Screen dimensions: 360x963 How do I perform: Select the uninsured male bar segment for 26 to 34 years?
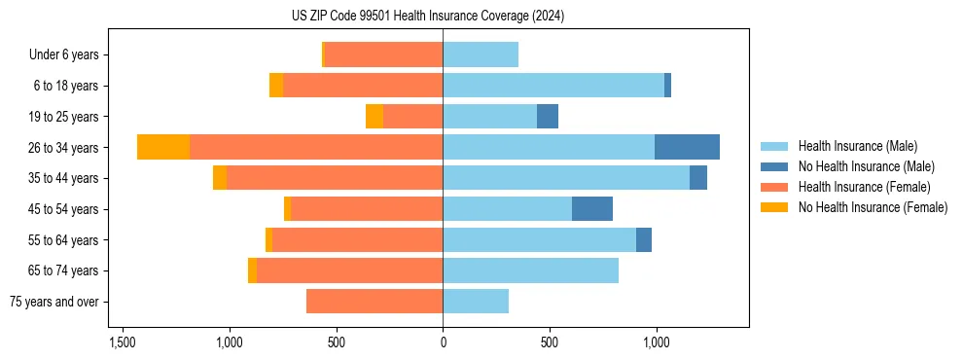(x=687, y=147)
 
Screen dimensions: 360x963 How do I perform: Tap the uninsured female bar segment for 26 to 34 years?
(x=163, y=147)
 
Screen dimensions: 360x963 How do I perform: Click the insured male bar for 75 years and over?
(x=476, y=302)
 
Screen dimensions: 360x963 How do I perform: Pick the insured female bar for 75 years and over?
(x=374, y=302)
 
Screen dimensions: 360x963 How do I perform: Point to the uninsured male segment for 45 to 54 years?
(x=592, y=209)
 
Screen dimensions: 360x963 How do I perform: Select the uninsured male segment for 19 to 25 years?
(x=548, y=117)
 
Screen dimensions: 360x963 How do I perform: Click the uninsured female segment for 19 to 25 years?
(x=374, y=117)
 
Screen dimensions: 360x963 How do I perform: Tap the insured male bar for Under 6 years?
(x=481, y=55)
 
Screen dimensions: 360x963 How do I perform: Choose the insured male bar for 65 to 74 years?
(x=530, y=270)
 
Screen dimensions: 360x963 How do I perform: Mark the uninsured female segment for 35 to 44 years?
(x=220, y=178)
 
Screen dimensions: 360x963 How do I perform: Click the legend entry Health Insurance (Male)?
(x=857, y=146)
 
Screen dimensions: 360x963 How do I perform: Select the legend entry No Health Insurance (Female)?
(x=873, y=207)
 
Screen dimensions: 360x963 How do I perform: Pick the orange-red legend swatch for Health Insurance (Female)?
(x=775, y=187)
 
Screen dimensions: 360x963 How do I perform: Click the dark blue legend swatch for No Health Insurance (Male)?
(x=775, y=166)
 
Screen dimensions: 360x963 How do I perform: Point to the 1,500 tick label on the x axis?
(x=123, y=342)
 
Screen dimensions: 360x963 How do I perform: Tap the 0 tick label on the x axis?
(x=443, y=342)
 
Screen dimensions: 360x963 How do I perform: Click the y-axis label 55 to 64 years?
(x=63, y=240)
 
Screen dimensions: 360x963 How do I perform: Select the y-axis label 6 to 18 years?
(x=66, y=86)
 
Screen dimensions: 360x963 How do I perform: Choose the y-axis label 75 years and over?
(x=55, y=302)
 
